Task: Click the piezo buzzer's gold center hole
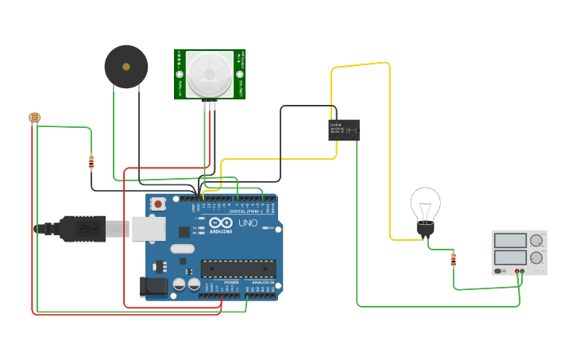click(126, 67)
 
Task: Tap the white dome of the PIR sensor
click(211, 75)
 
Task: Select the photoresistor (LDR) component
click(34, 118)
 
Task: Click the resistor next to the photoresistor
click(91, 162)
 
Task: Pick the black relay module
click(343, 130)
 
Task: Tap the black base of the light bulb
click(426, 230)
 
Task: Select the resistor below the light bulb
click(454, 259)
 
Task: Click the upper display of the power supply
click(510, 240)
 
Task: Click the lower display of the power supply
click(510, 257)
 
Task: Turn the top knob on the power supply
click(537, 240)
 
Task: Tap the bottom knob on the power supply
click(537, 257)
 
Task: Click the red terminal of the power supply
click(517, 272)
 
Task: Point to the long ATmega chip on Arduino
click(238, 269)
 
